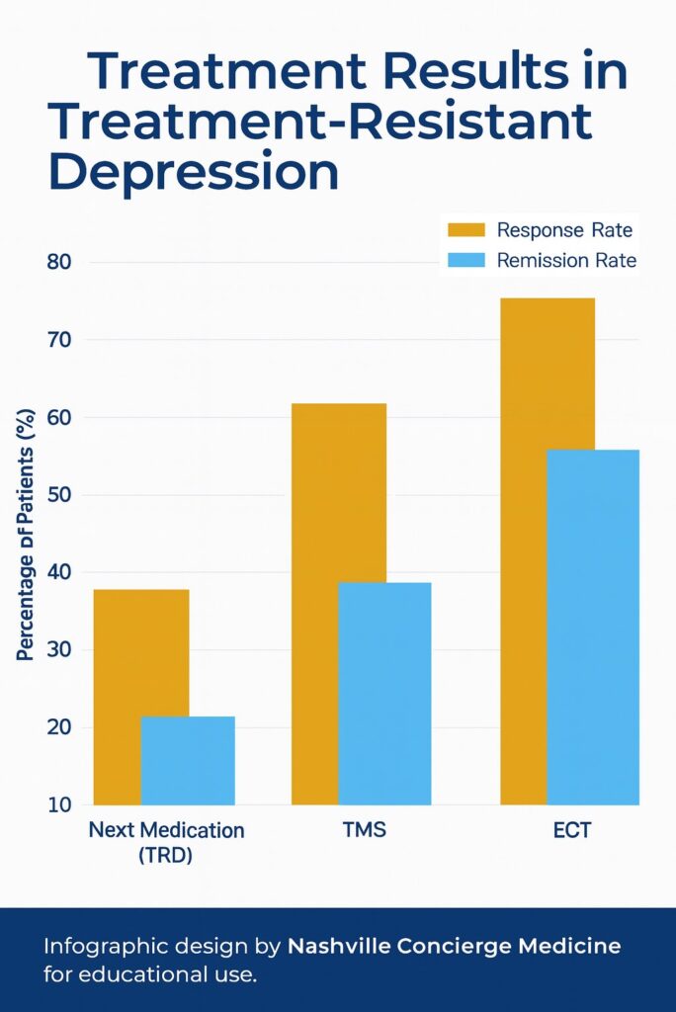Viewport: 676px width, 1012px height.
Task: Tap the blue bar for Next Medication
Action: [188, 760]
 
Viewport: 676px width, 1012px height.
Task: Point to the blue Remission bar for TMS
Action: [384, 693]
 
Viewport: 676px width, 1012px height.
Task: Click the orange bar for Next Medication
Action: [117, 692]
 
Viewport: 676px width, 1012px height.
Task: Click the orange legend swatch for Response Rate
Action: [466, 230]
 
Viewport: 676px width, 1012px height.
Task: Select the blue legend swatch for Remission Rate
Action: [466, 261]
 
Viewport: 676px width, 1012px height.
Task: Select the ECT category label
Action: [571, 830]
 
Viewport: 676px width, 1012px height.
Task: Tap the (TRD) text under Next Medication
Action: [164, 856]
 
